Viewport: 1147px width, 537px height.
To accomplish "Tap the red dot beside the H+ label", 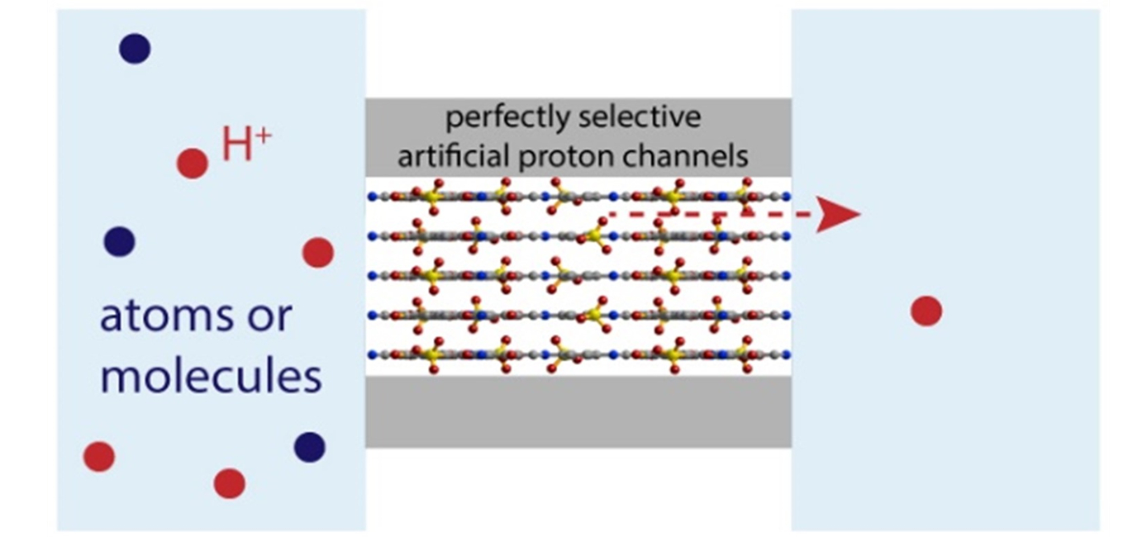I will tap(193, 163).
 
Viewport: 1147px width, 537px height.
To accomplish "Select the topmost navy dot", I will tap(135, 49).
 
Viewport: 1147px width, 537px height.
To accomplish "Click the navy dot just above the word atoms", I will tap(120, 242).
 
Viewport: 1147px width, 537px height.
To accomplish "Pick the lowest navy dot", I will tap(309, 447).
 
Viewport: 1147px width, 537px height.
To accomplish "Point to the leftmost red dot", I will tap(99, 456).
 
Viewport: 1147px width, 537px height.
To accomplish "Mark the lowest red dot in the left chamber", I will tap(229, 483).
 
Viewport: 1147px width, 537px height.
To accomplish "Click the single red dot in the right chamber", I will tap(926, 311).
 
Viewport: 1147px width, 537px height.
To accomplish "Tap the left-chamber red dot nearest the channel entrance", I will tap(318, 252).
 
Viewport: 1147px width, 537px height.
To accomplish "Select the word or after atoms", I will tap(270, 317).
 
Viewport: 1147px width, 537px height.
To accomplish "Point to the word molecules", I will tap(211, 375).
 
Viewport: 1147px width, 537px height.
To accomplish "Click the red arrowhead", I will tap(837, 215).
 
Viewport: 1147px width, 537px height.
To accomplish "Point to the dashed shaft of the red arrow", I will tap(711, 214).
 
